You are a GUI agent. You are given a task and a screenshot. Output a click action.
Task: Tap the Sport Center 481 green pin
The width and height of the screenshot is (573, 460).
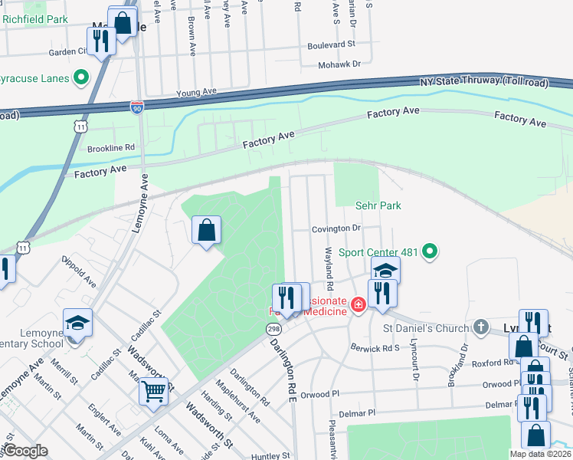(430, 251)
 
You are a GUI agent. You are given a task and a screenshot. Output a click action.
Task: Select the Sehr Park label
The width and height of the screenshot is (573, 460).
(378, 205)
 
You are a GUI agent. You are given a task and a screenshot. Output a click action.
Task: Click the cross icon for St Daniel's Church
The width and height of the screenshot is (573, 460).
(480, 328)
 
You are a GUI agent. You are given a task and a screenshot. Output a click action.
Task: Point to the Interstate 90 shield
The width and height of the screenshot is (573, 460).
(137, 108)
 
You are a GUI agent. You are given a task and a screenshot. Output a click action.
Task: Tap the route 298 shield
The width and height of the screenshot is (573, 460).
(273, 329)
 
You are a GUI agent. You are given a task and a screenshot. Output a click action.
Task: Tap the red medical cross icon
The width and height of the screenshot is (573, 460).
(357, 306)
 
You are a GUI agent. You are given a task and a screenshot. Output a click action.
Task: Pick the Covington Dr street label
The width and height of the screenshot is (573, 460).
(336, 228)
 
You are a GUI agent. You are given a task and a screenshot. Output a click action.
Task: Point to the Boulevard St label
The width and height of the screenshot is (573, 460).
(331, 45)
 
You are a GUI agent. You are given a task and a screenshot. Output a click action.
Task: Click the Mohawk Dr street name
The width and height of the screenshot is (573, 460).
(339, 64)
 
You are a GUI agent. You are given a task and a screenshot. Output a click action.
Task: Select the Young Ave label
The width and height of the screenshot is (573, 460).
(196, 92)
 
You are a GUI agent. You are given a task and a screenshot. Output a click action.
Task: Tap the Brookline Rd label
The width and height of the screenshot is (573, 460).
(111, 148)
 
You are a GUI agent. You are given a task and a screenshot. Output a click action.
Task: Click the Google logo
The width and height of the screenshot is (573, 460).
(25, 452)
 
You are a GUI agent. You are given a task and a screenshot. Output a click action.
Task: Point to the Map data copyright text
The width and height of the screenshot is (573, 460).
(541, 454)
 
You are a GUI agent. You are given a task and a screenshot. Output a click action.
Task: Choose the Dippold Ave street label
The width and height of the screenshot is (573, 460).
(80, 277)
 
